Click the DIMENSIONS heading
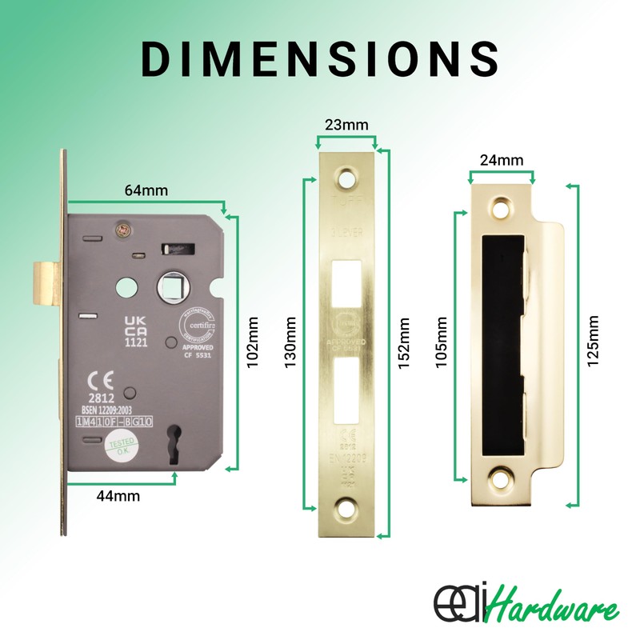(320, 58)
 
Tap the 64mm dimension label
(146, 191)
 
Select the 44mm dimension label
(119, 496)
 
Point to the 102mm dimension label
(254, 344)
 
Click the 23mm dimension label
(346, 125)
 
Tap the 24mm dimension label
(502, 160)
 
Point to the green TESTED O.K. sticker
(121, 446)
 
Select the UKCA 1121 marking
(134, 329)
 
